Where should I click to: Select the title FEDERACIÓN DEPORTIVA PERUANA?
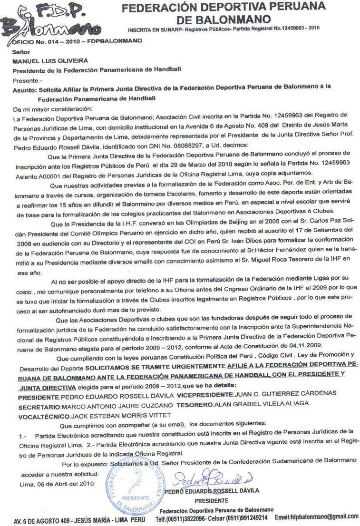tap(224, 8)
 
